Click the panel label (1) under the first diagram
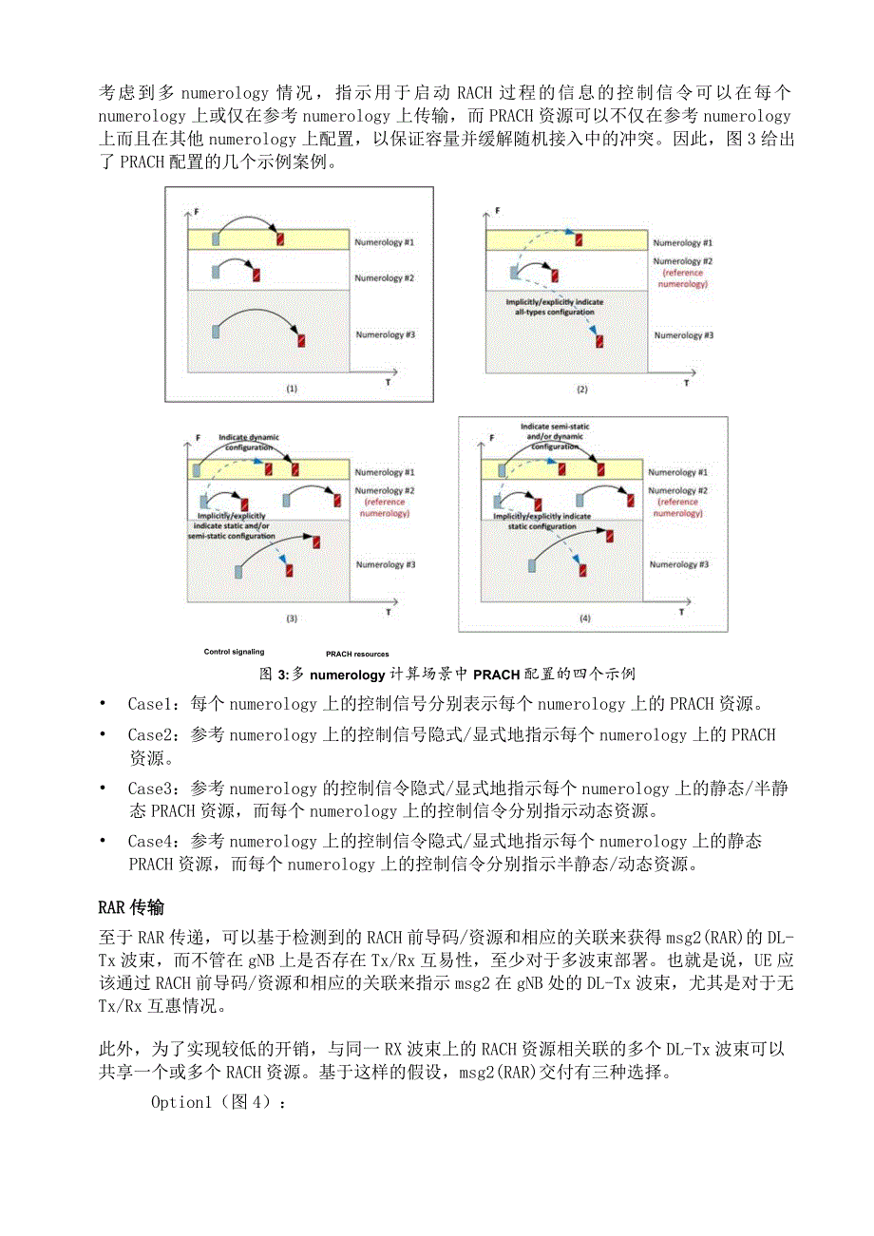[292, 389]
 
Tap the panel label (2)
[582, 389]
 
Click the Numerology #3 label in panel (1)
[385, 334]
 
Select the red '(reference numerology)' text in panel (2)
[683, 278]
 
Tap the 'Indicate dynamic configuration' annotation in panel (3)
[249, 442]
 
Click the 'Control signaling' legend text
[234, 652]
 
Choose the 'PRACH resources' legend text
[357, 654]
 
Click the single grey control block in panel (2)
[514, 273]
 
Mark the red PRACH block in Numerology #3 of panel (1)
[301, 340]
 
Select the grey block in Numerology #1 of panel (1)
[216, 239]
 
